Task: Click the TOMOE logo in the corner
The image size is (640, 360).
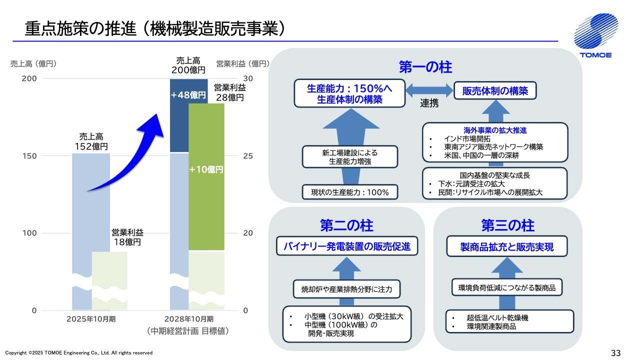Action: (x=596, y=35)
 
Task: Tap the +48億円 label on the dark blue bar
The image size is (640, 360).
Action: (x=188, y=95)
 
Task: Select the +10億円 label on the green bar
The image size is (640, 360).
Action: (x=206, y=169)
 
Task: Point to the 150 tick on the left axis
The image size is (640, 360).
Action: (x=29, y=156)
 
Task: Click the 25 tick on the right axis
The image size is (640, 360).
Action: (x=248, y=156)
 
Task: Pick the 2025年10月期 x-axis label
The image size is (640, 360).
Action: (x=91, y=319)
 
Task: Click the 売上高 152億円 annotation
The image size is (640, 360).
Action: (x=91, y=141)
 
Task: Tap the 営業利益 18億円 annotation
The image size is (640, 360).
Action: (x=127, y=237)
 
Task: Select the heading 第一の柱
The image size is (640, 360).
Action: (x=425, y=67)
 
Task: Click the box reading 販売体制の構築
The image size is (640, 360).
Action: (x=495, y=90)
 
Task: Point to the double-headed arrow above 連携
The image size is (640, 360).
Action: (x=429, y=90)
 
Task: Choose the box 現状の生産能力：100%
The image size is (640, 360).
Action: (x=349, y=192)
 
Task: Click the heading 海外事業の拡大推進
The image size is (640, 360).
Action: (x=495, y=130)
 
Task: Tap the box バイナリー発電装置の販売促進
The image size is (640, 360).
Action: (x=347, y=246)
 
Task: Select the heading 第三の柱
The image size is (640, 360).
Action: (x=507, y=225)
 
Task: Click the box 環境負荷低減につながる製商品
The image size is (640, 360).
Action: (x=507, y=287)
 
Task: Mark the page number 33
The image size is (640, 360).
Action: (x=615, y=353)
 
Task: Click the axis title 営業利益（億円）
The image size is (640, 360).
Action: (x=243, y=63)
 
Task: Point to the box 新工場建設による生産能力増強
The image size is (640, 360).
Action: (x=349, y=157)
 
